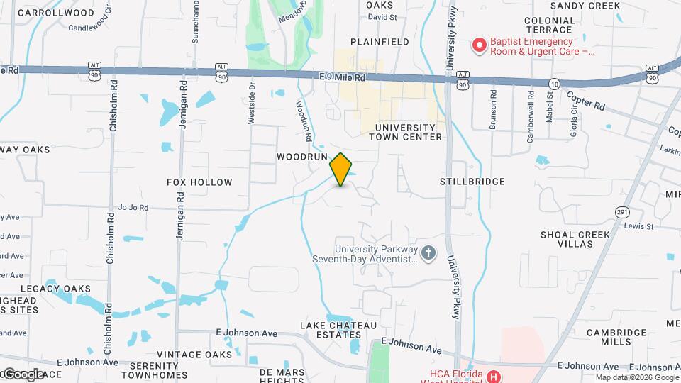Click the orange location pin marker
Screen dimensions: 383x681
(341, 169)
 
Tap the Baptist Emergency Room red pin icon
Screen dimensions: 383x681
(480, 46)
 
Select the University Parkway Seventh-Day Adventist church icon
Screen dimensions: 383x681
(428, 253)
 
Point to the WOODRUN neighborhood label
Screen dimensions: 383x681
(301, 155)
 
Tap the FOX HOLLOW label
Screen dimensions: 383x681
(199, 182)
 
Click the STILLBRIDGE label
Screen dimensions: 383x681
(472, 182)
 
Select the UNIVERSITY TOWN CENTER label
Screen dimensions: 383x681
(406, 131)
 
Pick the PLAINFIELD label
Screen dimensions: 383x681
(380, 42)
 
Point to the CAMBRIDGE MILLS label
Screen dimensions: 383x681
(606, 337)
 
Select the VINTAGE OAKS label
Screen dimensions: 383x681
(194, 355)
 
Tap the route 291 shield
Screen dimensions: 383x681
(622, 212)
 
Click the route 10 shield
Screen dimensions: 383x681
(554, 84)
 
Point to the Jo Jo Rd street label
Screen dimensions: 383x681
(133, 208)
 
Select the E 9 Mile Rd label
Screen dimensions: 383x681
(342, 77)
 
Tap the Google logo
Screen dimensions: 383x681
(23, 374)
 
